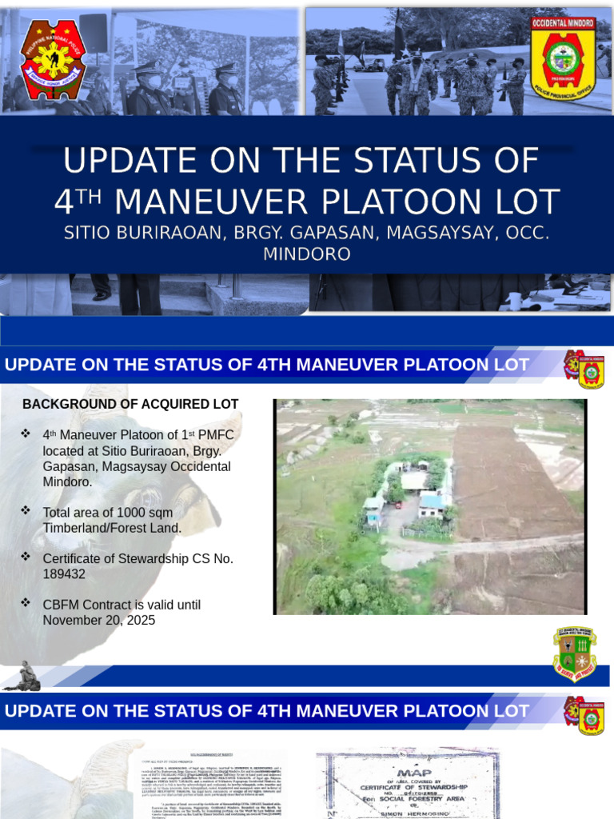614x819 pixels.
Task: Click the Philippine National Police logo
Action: [53, 60]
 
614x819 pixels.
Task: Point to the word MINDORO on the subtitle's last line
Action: [307, 254]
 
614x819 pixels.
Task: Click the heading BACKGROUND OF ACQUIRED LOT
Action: [130, 405]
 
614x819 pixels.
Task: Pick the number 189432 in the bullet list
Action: [64, 574]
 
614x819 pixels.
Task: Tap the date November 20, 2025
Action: [99, 620]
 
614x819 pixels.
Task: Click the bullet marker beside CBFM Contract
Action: [26, 602]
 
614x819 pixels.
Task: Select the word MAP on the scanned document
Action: [407, 773]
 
